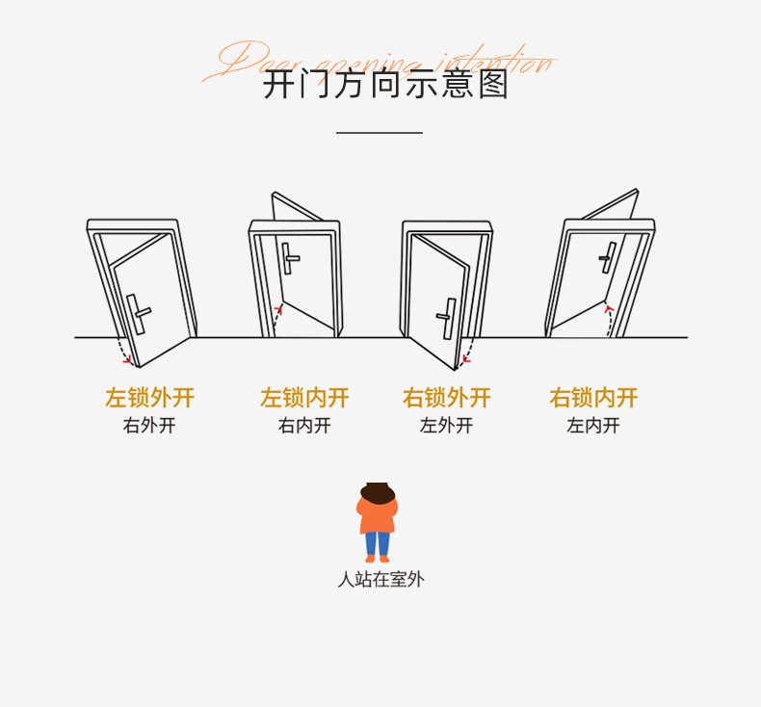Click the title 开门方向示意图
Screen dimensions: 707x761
[385, 85]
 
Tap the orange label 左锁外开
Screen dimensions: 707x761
[149, 398]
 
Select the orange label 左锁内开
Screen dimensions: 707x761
[304, 398]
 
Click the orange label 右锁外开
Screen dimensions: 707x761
[447, 398]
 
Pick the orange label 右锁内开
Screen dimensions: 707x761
[593, 398]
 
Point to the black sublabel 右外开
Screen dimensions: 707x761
[149, 426]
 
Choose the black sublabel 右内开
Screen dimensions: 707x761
[304, 426]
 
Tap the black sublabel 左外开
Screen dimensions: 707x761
[447, 426]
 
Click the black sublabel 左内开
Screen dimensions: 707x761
[593, 426]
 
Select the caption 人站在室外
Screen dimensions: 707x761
[380, 580]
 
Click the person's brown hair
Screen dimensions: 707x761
[378, 493]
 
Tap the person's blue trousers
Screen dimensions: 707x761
[377, 543]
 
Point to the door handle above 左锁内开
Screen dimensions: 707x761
[289, 258]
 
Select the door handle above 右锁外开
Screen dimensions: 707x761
[447, 317]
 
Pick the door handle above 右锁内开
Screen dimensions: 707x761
[608, 256]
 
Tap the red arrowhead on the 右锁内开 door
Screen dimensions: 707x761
[608, 310]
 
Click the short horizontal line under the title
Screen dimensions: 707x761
[380, 133]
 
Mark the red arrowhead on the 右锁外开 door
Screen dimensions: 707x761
[465, 360]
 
